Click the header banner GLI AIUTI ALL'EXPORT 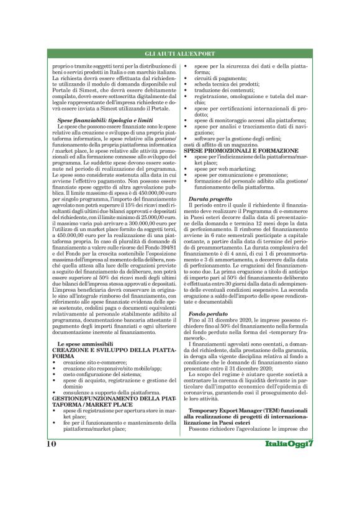180,55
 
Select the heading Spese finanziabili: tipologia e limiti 97,119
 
